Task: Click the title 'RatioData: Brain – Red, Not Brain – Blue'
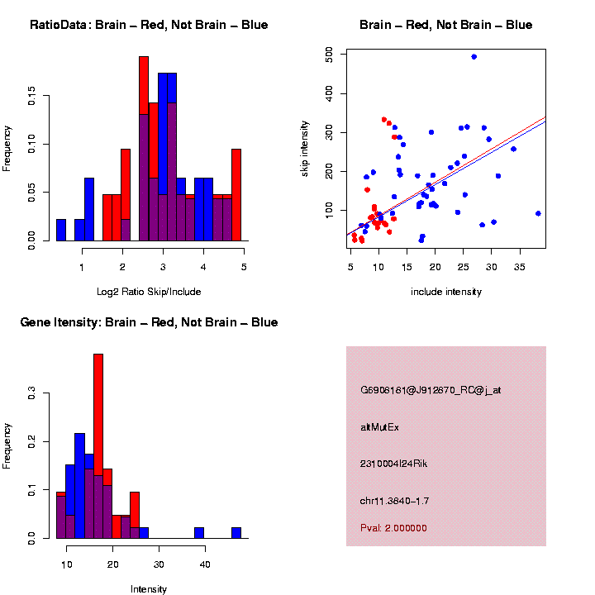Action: (149, 25)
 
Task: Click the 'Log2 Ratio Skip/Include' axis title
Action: (149, 292)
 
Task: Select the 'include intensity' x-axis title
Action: (446, 292)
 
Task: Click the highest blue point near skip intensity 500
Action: (474, 57)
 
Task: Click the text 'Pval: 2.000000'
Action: (393, 527)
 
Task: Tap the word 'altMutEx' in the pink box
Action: (380, 427)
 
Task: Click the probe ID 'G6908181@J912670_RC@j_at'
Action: (431, 390)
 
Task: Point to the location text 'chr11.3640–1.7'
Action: (395, 501)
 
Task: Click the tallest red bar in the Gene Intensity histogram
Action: (98, 413)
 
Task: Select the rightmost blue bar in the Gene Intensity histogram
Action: (236, 533)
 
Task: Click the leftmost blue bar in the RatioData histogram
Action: (61, 231)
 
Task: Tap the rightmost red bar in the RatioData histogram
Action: (236, 194)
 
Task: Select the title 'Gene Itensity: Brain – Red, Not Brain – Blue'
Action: (149, 321)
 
